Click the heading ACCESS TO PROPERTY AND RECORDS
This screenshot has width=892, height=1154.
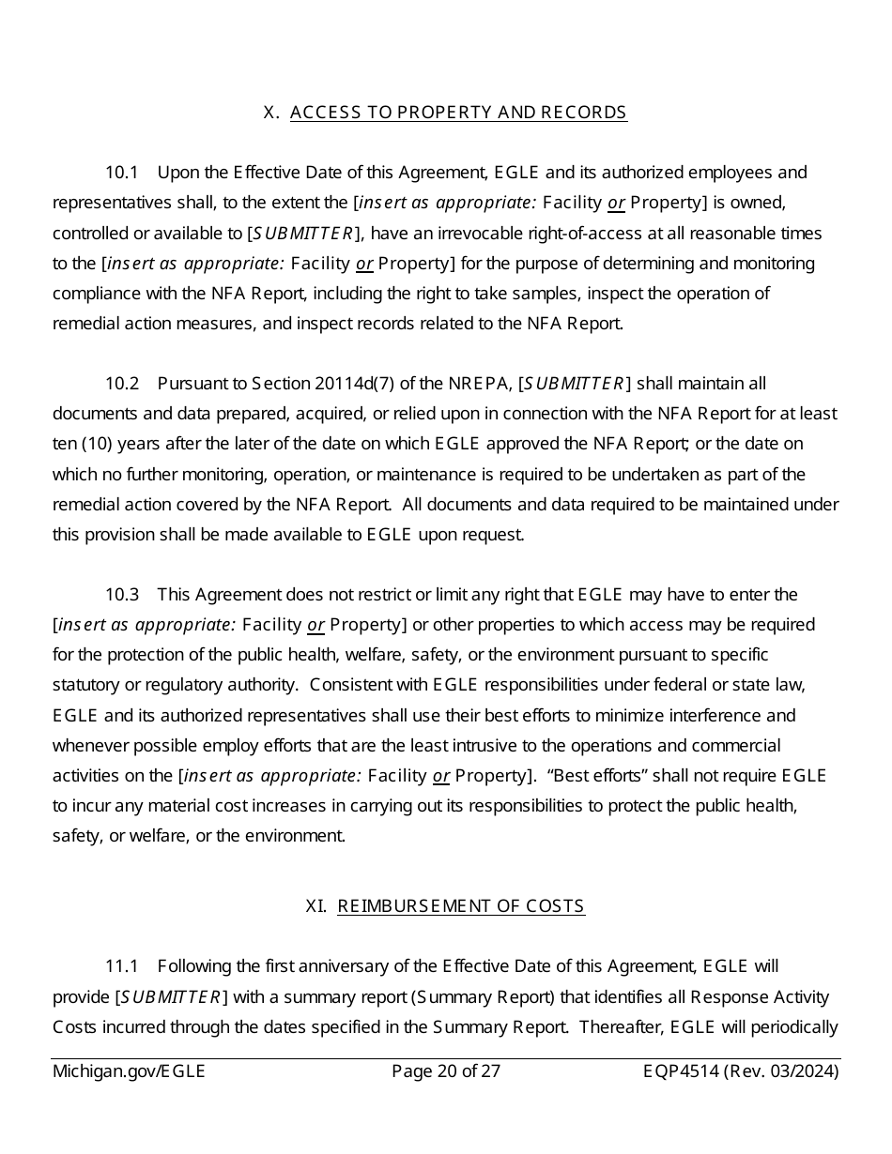[458, 113]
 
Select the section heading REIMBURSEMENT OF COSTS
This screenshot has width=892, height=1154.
[461, 906]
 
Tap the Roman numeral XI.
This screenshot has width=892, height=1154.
[316, 906]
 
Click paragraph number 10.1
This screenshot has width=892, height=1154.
[122, 173]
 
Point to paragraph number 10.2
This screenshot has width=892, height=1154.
[122, 384]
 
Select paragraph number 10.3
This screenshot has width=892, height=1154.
[122, 595]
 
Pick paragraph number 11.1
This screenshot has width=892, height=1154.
[122, 966]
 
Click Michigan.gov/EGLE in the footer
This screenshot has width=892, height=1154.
[129, 1071]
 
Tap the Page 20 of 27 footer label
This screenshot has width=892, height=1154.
[446, 1071]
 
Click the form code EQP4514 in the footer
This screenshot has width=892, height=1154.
[681, 1071]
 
